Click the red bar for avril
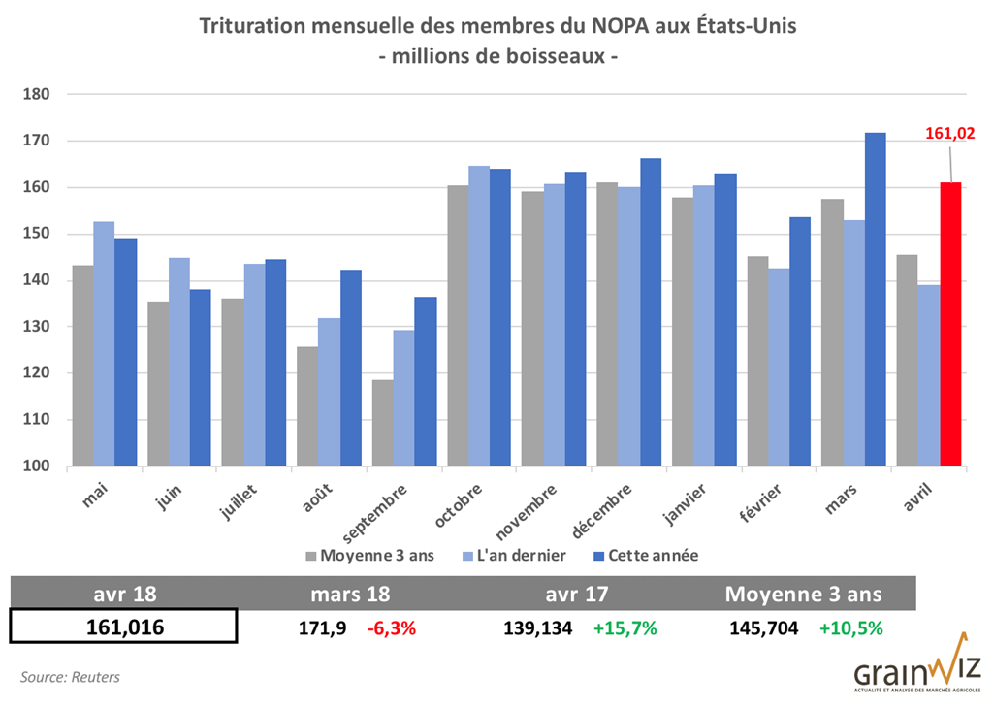pos(950,324)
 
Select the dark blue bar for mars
pos(876,300)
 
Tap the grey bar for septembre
pos(383,423)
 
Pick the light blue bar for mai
pos(103,343)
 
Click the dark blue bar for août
pos(350,368)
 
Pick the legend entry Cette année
pos(644,556)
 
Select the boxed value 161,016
pos(123,627)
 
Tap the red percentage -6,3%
pos(392,627)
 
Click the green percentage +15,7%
pos(625,627)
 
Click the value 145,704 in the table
pos(764,627)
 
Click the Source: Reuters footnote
pos(70,677)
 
